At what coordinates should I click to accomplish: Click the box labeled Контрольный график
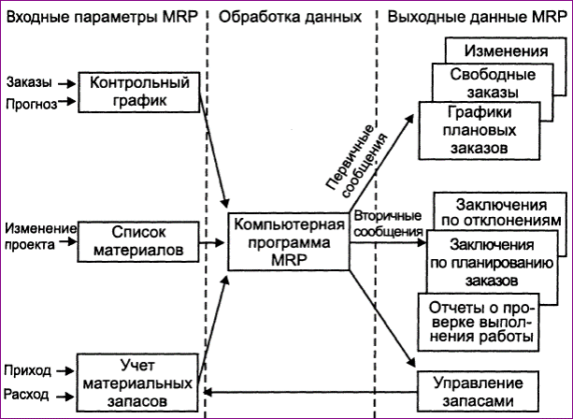click(139, 93)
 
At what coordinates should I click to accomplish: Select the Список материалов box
click(138, 241)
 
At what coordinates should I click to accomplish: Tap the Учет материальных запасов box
click(137, 383)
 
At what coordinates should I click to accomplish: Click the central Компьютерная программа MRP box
click(288, 241)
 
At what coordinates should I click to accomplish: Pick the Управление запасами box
click(479, 392)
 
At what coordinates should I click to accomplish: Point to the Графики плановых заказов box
click(480, 131)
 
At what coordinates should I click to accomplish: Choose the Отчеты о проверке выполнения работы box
click(479, 322)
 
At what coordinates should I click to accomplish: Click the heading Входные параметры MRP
click(102, 17)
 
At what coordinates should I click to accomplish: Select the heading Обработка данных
click(290, 17)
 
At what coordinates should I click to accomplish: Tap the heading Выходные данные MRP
click(477, 17)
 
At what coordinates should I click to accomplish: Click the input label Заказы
click(29, 82)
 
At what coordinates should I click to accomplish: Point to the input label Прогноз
click(32, 104)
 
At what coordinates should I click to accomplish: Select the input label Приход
click(27, 370)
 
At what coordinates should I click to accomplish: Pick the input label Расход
click(26, 395)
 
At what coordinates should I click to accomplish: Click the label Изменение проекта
click(40, 237)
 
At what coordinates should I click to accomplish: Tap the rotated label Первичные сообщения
click(356, 161)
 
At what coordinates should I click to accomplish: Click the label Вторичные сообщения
click(388, 224)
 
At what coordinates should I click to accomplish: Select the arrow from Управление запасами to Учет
click(310, 393)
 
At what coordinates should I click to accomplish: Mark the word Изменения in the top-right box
click(506, 51)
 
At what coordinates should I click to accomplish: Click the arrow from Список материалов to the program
click(211, 242)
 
